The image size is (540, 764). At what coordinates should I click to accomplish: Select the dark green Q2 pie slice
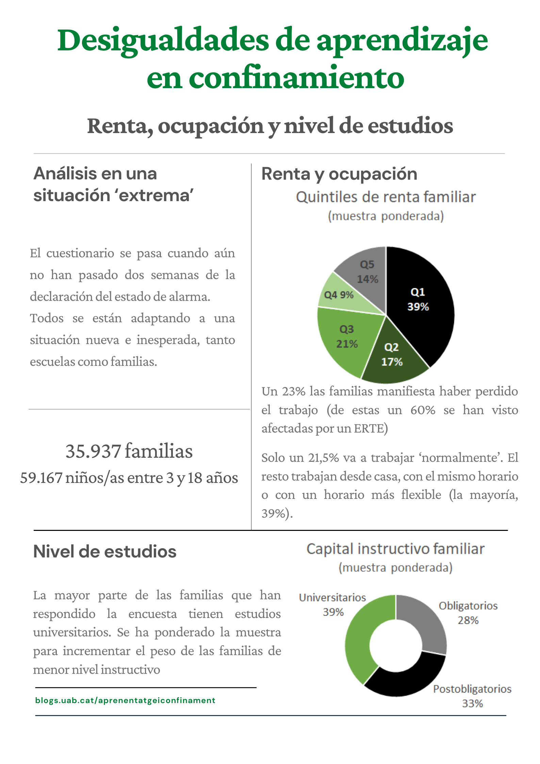tap(393, 357)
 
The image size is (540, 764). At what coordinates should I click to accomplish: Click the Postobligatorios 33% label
tap(472, 696)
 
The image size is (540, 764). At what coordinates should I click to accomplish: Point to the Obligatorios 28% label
tap(468, 613)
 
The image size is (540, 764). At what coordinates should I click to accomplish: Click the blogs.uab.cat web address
tap(125, 700)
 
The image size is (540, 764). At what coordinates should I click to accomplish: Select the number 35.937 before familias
tap(93, 451)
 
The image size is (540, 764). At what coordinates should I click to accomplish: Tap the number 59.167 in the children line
tap(41, 478)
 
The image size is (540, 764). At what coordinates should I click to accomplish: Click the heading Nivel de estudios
tap(105, 551)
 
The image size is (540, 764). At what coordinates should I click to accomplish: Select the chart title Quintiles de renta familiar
tap(386, 197)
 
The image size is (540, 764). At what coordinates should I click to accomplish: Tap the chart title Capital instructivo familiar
tap(395, 549)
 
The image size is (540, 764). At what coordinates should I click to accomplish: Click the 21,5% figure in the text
tap(324, 458)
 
